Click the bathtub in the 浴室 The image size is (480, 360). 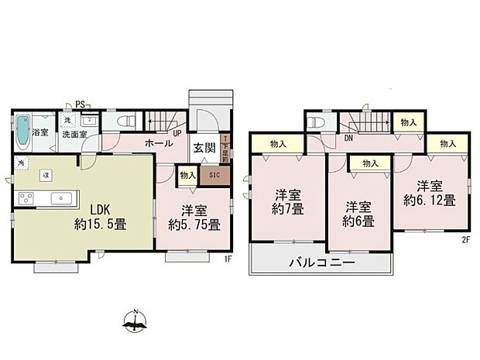[x=22, y=132]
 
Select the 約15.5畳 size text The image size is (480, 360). [x=101, y=225]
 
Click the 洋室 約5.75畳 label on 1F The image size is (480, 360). [x=194, y=218]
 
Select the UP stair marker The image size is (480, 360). [x=177, y=133]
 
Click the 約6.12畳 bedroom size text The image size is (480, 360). [x=428, y=199]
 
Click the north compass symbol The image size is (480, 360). [x=136, y=321]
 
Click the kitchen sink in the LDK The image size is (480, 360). [x=58, y=198]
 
